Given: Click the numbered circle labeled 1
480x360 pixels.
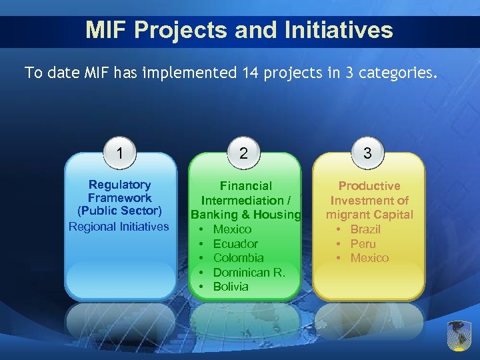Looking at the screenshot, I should tap(119, 153).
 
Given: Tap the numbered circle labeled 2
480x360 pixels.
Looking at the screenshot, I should tap(244, 153).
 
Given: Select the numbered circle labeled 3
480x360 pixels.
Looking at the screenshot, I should tap(367, 153).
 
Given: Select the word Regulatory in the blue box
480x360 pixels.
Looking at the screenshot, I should tap(120, 185).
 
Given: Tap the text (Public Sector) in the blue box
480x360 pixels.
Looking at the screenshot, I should tap(120, 211).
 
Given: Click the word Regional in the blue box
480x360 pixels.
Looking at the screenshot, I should tap(92, 227).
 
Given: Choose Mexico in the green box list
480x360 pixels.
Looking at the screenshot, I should tap(232, 229).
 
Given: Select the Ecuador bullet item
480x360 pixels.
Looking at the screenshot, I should tap(235, 244).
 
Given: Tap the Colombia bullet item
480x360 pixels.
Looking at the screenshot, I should tap(238, 258).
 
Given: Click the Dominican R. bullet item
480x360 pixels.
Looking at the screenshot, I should tap(249, 272).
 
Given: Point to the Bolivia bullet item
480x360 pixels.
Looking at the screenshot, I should tap(230, 287).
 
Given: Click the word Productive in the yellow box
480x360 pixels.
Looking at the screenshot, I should tap(369, 186).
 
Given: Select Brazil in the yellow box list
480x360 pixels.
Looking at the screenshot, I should tap(365, 229).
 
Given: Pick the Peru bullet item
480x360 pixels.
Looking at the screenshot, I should tap(363, 244).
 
